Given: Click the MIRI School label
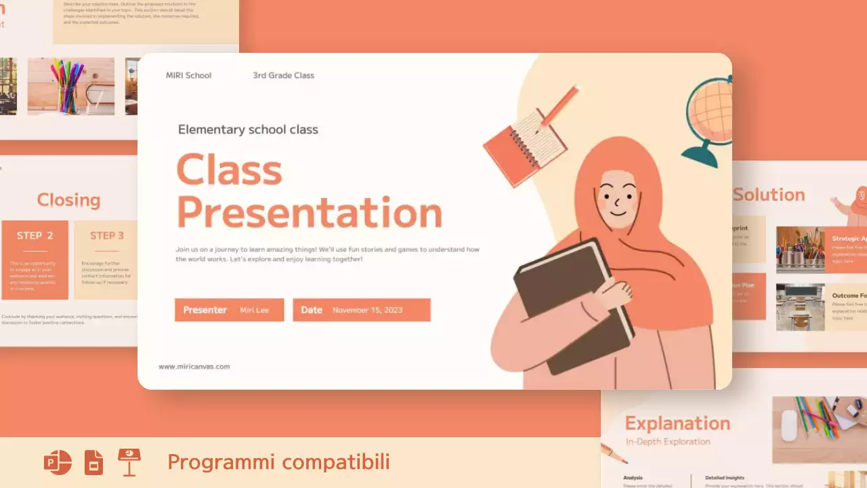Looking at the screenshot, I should [188, 75].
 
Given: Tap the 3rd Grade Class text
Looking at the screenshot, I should [283, 75].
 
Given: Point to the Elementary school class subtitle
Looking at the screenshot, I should [248, 129].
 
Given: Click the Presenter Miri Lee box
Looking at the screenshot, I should [229, 310].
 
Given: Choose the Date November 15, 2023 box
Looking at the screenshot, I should [361, 310].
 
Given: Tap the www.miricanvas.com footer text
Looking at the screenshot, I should [194, 367].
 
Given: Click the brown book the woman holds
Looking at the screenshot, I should [572, 305].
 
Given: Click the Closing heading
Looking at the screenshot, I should [68, 200].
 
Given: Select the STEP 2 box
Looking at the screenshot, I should [35, 259].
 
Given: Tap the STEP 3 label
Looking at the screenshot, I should [107, 236].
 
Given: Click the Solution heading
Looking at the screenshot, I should [769, 195].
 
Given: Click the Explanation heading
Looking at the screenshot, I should [677, 424].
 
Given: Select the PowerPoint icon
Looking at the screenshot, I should [58, 462].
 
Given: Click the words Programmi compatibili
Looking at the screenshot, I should [278, 462].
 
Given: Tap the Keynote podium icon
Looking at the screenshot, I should [129, 462].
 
